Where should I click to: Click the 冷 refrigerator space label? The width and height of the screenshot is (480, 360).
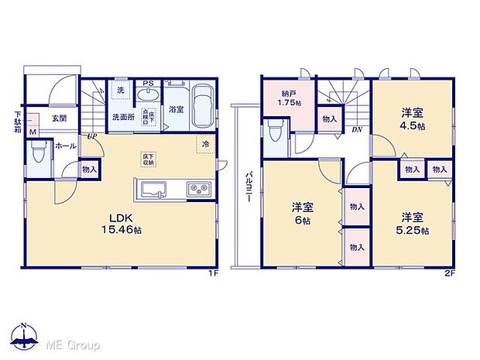coord(206,145)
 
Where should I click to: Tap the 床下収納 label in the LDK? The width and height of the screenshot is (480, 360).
coord(146,159)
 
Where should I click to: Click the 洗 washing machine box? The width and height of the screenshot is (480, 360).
coord(121,91)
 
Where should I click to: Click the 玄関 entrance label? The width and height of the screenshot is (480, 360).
coord(59,118)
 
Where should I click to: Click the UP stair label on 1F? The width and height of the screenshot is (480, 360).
coord(92,136)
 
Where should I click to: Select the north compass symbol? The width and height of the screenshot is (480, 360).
coord(26,334)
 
